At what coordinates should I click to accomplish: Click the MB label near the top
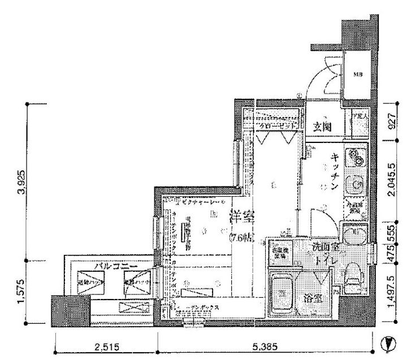[x=358, y=74]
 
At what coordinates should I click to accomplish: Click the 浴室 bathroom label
[x=315, y=298]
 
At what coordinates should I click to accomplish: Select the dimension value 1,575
[x=19, y=293]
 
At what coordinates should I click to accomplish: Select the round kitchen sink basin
[x=357, y=184]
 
